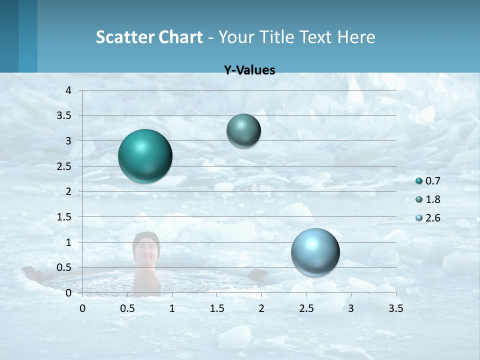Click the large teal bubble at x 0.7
click(145, 156)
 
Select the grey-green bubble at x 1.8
click(243, 130)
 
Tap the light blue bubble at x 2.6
click(315, 252)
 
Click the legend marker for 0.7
click(419, 181)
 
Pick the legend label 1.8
click(433, 199)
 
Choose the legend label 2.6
click(433, 218)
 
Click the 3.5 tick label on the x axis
click(395, 308)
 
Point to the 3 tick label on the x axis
click(350, 308)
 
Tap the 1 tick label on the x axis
click(172, 308)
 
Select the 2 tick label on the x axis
click(261, 308)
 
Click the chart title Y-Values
click(249, 70)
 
